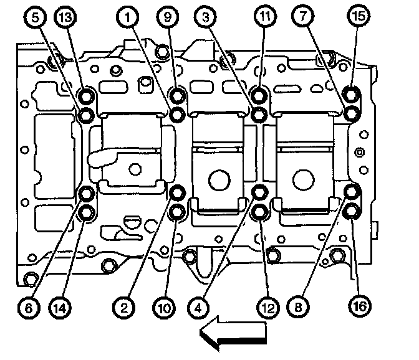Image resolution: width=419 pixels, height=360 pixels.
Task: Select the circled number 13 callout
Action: click(x=66, y=19)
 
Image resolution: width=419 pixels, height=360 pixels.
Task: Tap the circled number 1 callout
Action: click(x=129, y=19)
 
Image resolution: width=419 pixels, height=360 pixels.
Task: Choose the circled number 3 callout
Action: click(x=205, y=19)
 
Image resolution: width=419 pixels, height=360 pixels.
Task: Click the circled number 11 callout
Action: click(x=266, y=19)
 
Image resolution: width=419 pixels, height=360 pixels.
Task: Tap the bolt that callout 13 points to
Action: click(x=87, y=96)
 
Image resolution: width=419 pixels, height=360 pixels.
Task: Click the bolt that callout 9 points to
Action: click(x=178, y=96)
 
